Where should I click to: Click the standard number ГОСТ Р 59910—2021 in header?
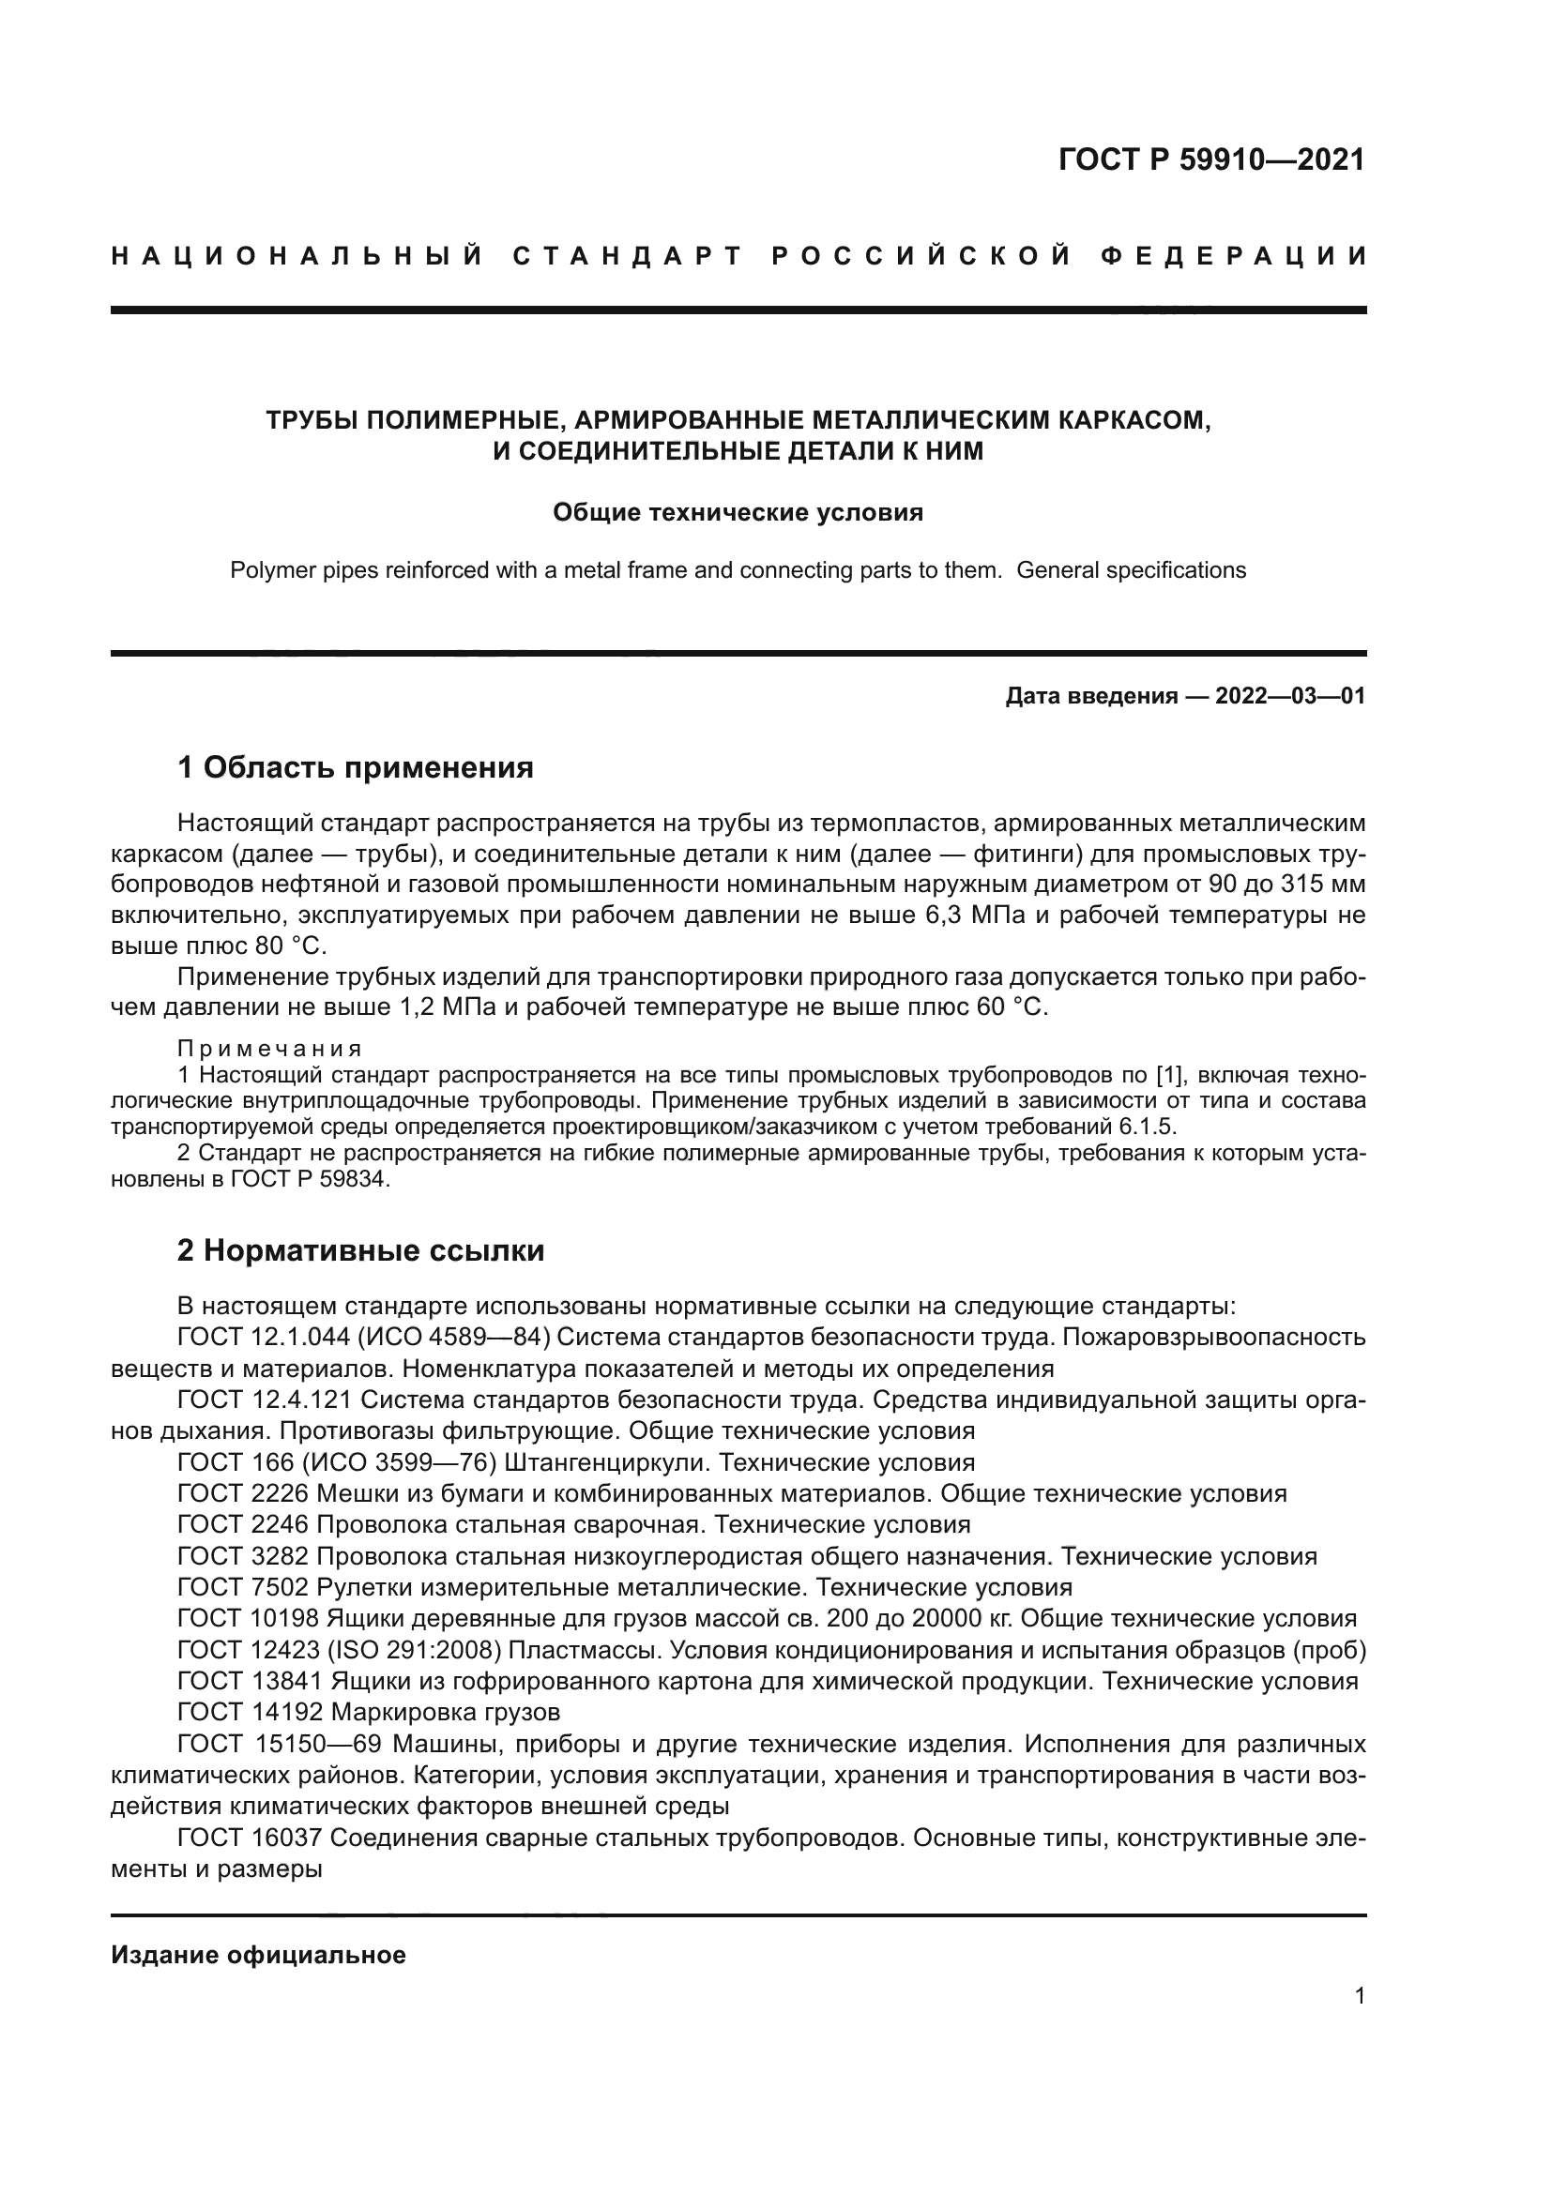click(1211, 159)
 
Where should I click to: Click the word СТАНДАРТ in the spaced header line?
click(628, 256)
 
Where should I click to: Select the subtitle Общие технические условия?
click(738, 513)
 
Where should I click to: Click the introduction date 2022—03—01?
click(1290, 696)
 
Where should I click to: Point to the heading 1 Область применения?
click(355, 767)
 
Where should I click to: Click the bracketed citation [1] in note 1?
click(1171, 1074)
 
